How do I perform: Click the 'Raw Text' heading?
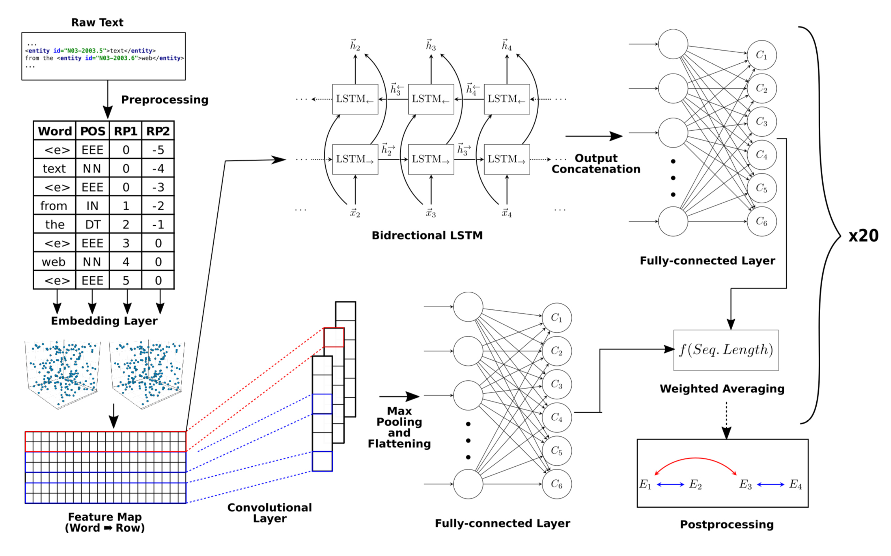pyautogui.click(x=97, y=22)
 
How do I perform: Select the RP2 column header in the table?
pyautogui.click(x=158, y=131)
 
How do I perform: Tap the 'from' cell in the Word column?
pyautogui.click(x=54, y=206)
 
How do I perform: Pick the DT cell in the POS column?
pyautogui.click(x=93, y=225)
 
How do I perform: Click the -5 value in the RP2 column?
pyautogui.click(x=158, y=150)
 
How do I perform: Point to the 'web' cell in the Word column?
pyautogui.click(x=54, y=262)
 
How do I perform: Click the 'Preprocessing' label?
pyautogui.click(x=165, y=100)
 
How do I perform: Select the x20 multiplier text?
pyautogui.click(x=863, y=236)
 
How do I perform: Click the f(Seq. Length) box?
pyautogui.click(x=726, y=350)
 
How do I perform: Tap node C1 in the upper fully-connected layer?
pyautogui.click(x=761, y=55)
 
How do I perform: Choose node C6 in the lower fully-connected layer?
pyautogui.click(x=556, y=484)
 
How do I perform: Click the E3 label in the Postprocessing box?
pyautogui.click(x=746, y=484)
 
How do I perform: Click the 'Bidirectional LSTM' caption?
pyautogui.click(x=427, y=235)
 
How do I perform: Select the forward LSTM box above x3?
pyautogui.click(x=430, y=159)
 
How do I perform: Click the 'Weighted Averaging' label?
pyautogui.click(x=722, y=389)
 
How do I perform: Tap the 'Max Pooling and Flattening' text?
pyautogui.click(x=399, y=427)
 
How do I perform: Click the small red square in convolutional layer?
pyautogui.click(x=334, y=338)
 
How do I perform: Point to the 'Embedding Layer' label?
pyautogui.click(x=104, y=321)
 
